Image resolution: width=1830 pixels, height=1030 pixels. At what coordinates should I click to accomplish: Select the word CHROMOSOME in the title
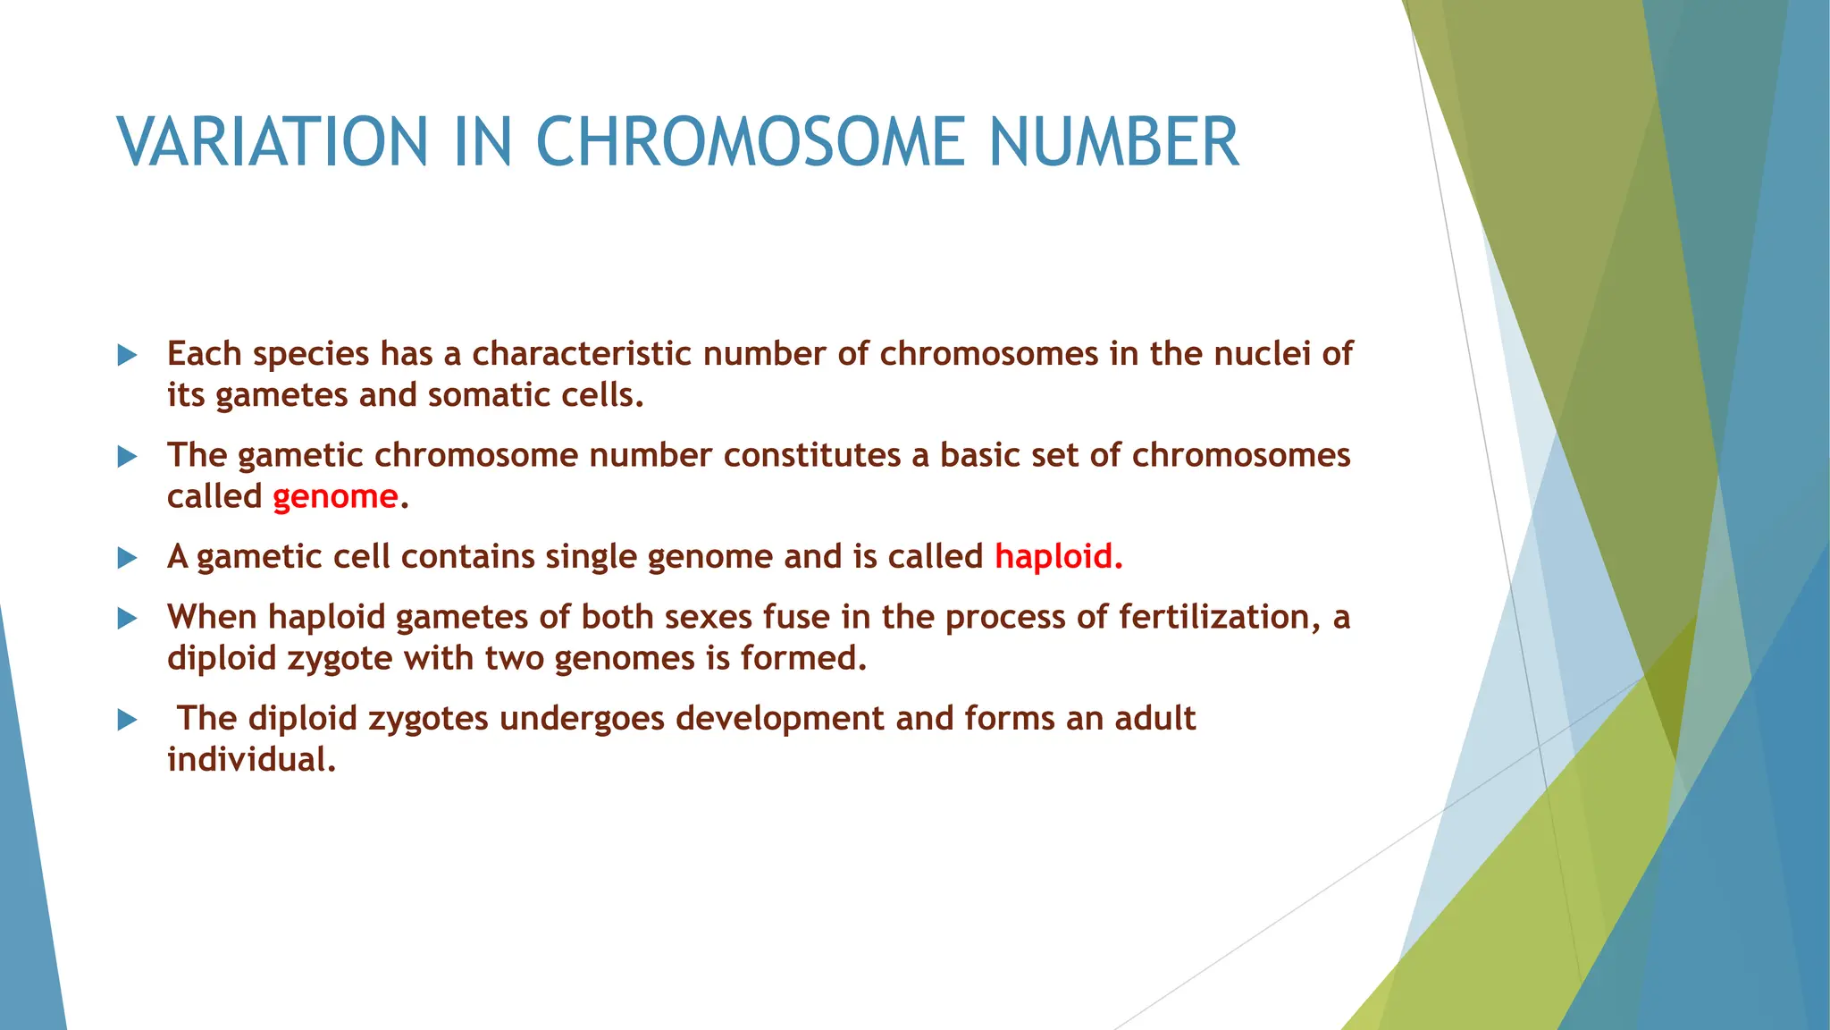(x=750, y=142)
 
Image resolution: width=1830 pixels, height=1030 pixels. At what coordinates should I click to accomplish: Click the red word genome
(x=335, y=497)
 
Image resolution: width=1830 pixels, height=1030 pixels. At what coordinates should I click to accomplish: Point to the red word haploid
(x=1057, y=557)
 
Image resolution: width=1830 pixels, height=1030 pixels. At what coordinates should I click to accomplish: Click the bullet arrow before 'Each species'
(x=128, y=356)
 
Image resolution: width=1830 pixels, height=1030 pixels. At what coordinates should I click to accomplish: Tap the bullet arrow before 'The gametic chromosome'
(x=128, y=458)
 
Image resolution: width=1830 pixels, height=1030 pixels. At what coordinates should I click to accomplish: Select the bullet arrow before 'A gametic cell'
(x=128, y=559)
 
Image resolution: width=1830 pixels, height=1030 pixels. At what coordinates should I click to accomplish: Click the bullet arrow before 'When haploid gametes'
(x=128, y=619)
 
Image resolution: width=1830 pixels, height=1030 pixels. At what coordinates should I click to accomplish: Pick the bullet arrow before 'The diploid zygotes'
(x=128, y=720)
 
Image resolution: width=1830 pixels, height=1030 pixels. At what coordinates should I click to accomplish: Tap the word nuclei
(x=1262, y=354)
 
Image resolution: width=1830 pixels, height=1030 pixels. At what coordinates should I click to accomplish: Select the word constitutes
(x=811, y=456)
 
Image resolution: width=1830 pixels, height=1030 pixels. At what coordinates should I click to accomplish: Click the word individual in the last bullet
(x=251, y=760)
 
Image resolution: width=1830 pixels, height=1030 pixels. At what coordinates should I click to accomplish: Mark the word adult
(x=1154, y=719)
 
